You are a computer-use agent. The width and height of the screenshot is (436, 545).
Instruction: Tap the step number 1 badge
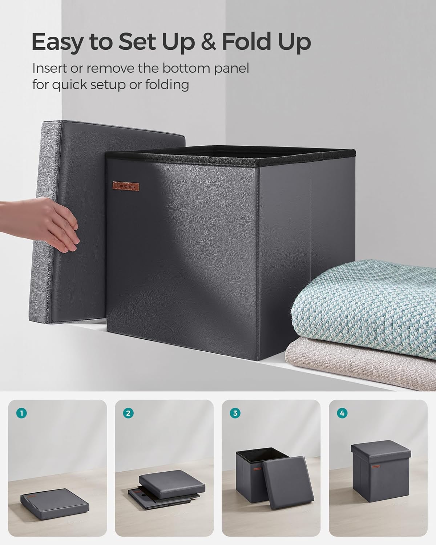pyautogui.click(x=22, y=413)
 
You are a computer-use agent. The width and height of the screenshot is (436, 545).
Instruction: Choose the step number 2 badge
pyautogui.click(x=128, y=413)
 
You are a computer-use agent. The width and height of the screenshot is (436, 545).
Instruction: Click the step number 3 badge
pyautogui.click(x=235, y=413)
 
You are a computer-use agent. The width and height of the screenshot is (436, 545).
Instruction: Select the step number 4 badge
pyautogui.click(x=342, y=413)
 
